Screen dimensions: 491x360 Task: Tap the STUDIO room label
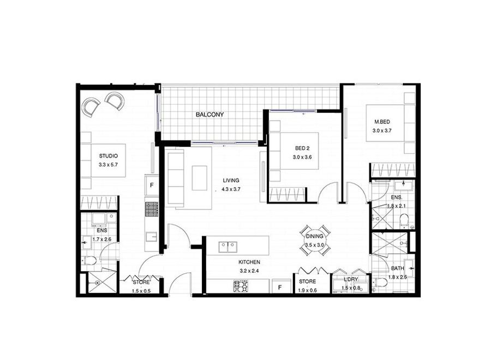tap(109, 156)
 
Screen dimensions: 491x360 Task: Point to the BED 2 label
tap(302, 148)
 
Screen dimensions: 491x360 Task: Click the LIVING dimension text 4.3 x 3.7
tap(231, 189)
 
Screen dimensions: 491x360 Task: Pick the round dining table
tap(315, 241)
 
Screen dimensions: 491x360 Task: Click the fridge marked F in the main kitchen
tap(280, 286)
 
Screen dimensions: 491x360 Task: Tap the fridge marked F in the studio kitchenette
tap(152, 185)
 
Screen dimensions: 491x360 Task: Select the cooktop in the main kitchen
tap(241, 286)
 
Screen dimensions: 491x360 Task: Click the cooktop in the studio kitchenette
tap(152, 209)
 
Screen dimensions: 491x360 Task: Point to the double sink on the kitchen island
tap(227, 247)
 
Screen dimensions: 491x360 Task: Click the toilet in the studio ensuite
tap(91, 260)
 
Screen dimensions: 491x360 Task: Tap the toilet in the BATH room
tap(380, 283)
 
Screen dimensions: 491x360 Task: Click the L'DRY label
tap(351, 279)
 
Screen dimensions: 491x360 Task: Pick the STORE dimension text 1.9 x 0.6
tap(308, 290)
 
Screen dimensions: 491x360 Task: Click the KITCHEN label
tap(249, 262)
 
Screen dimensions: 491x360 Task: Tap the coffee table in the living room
tap(200, 178)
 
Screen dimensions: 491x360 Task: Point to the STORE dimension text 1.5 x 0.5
tap(141, 291)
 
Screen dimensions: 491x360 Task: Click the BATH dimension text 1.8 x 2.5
tap(398, 277)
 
